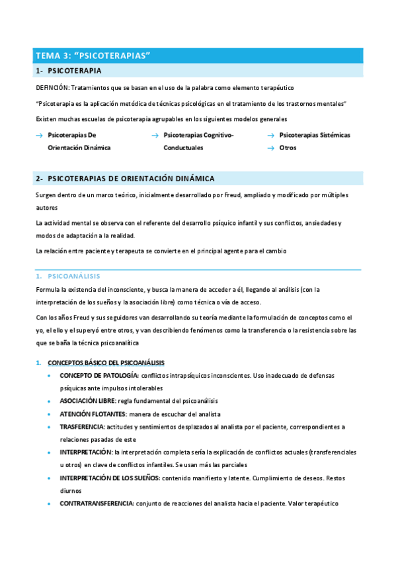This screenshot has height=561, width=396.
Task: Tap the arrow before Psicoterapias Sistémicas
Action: point(270,135)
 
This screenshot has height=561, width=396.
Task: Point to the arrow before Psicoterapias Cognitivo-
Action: point(155,135)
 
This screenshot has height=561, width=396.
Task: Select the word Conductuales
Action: point(183,148)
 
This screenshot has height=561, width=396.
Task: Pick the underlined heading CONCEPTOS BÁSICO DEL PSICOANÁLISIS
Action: point(106,363)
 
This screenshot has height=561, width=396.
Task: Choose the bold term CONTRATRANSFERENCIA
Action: point(97,503)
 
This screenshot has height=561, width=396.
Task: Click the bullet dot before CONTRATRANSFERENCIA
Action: point(52,503)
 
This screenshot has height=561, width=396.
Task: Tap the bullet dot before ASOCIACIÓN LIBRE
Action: point(52,402)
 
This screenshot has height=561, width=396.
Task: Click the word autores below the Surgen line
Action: point(47,207)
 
